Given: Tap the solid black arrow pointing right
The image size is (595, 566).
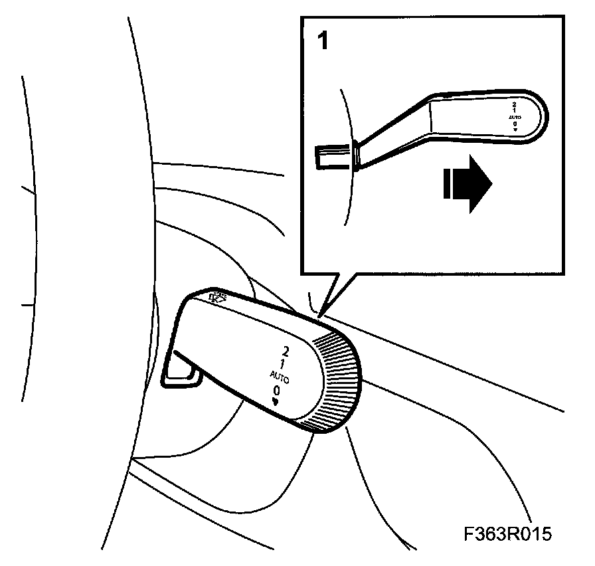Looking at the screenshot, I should coord(471,183).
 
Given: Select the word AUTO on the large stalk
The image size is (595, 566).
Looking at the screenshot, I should coord(279,376).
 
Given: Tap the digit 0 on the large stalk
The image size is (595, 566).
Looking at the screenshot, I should coord(276,390).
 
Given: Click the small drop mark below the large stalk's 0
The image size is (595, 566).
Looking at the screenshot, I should coord(274,401).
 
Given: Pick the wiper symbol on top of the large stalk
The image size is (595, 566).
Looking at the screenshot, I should coord(217,298).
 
